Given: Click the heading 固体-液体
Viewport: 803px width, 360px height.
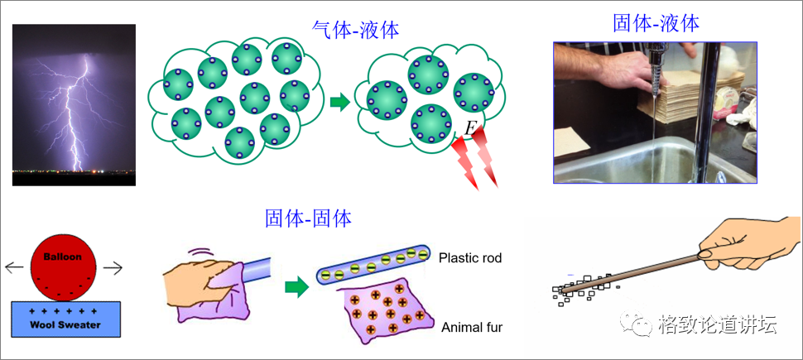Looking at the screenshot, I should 656,22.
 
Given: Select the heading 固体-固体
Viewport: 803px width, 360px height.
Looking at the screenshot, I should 308,218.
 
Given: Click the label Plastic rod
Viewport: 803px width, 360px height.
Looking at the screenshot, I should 470,258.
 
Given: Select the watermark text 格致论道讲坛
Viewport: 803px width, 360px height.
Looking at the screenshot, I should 718,324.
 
